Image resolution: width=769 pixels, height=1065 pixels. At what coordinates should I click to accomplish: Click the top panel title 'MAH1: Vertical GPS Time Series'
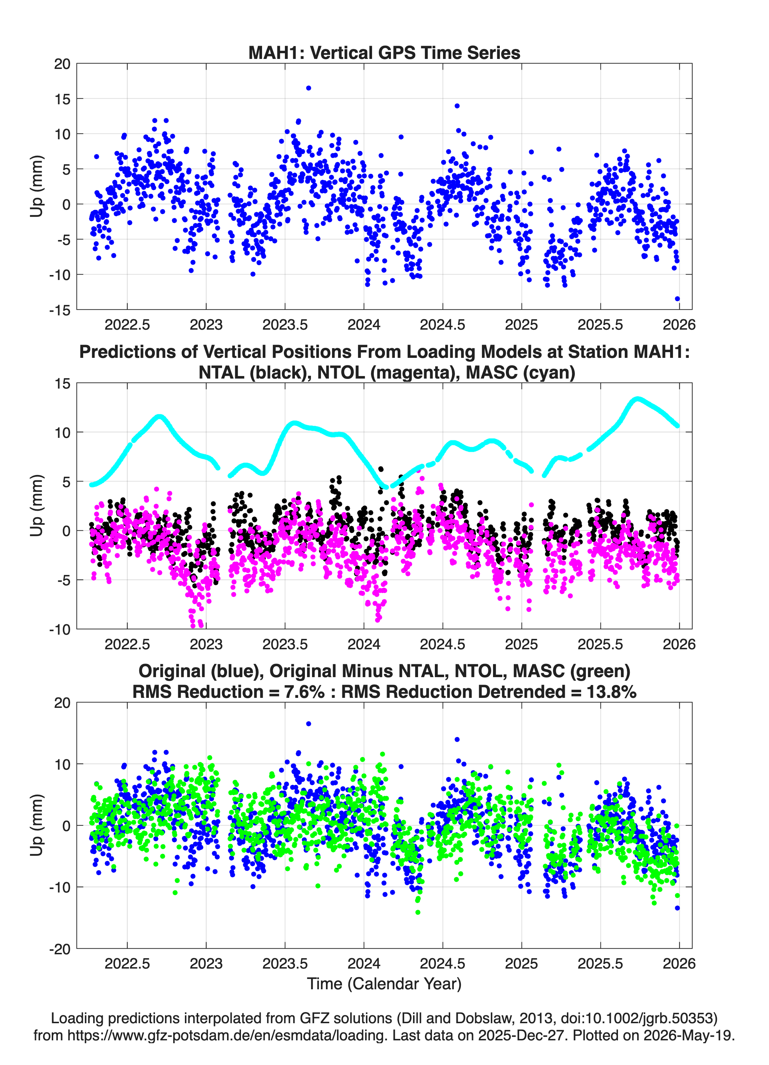384,52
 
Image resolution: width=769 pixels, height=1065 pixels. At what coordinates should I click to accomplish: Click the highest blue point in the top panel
308,88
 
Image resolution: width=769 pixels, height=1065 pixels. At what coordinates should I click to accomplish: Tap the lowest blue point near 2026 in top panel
677,299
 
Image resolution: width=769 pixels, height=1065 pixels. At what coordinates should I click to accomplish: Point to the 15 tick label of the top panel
62,99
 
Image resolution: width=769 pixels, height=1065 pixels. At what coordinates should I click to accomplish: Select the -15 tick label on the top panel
60,310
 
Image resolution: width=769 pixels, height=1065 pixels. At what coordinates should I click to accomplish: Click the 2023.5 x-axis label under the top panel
285,325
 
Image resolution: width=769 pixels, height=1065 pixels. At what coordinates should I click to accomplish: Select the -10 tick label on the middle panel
60,630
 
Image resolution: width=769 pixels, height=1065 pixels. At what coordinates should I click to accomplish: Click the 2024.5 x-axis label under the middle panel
442,644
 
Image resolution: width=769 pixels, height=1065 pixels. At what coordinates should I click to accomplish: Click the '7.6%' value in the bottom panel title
304,692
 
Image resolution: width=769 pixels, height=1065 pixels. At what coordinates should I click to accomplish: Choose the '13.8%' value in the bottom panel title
611,692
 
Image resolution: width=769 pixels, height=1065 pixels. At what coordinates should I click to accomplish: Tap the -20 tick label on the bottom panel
60,949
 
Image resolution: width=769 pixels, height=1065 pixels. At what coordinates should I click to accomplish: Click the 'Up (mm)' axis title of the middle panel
37,506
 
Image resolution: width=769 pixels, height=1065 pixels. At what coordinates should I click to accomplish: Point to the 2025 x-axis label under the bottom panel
521,964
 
